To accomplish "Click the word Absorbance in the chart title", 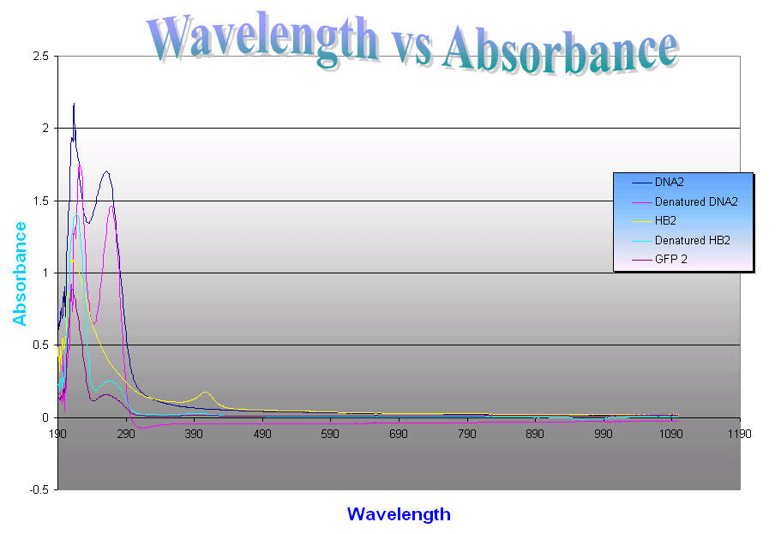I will click(559, 47).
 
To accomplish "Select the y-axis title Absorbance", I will click(20, 273).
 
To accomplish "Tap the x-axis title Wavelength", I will click(398, 514).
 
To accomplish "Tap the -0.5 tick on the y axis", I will click(37, 490).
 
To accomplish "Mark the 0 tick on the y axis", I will click(45, 418).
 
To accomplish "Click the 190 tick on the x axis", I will click(58, 435).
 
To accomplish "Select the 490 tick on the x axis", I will click(262, 435).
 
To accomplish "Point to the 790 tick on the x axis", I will click(466, 435).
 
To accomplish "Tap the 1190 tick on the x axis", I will click(738, 435).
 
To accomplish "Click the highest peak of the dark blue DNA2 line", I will click(74, 105).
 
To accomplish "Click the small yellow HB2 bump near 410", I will click(207, 393).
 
